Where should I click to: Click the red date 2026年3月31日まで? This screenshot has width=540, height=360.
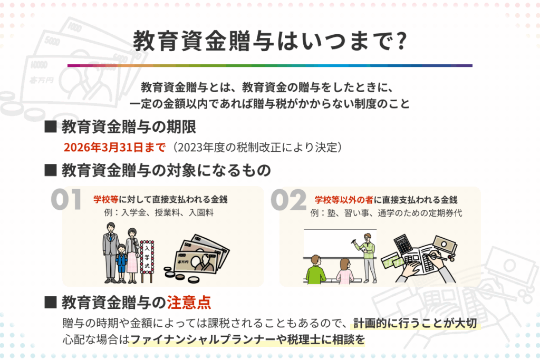tap(114, 147)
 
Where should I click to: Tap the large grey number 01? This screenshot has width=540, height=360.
tap(66, 200)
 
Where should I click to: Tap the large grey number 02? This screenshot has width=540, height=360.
tap(288, 200)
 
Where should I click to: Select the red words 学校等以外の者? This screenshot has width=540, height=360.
tap(344, 200)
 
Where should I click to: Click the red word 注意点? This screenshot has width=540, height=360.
tap(189, 303)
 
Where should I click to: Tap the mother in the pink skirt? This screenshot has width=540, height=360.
tap(132, 255)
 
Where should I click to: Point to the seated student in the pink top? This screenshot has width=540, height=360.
tap(345, 271)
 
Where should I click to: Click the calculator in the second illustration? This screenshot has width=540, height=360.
tap(402, 244)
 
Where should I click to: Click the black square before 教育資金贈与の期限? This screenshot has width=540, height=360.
tap(51, 127)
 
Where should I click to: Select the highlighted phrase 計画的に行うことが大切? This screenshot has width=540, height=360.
tap(416, 323)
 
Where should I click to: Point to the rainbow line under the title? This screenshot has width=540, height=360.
tap(270, 65)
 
